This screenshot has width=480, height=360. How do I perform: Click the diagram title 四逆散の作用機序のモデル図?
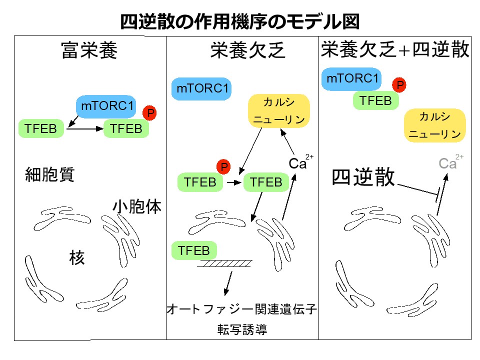[x=239, y=21]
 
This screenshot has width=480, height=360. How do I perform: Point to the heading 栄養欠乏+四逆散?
[x=395, y=50]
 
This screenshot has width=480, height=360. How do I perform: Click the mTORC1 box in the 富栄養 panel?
[x=108, y=106]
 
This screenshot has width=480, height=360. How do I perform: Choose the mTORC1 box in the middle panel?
[x=202, y=88]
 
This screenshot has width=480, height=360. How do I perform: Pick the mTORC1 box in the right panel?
[x=351, y=78]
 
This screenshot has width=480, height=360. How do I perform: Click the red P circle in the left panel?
[x=149, y=113]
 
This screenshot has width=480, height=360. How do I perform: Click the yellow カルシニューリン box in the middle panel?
[x=279, y=111]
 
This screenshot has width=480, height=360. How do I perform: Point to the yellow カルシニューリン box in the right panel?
[x=435, y=125]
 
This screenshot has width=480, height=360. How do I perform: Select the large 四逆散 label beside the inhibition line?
[x=363, y=177]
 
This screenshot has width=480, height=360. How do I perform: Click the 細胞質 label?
[x=50, y=174]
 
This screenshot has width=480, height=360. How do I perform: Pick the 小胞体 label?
[x=136, y=206]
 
